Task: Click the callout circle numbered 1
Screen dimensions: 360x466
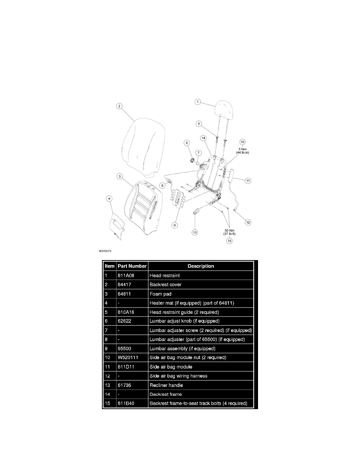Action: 198,102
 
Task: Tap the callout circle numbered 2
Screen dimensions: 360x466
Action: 119,106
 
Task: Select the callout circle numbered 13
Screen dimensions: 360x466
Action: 195,232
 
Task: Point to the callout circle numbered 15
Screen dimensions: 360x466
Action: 229,241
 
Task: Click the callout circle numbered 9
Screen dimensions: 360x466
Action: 175,225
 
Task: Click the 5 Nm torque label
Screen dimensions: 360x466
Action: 242,151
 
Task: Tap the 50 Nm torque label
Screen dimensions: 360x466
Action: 229,232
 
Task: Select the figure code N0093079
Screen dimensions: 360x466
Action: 105,251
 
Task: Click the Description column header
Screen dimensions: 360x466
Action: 201,266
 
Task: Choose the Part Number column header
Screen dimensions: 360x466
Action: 132,266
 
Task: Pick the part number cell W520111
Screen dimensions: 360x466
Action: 128,357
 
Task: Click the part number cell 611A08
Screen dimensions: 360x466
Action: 126,275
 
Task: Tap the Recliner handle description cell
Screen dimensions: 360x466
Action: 166,385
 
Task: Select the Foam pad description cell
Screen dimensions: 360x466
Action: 160,294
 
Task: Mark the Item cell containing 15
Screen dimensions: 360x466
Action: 107,403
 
